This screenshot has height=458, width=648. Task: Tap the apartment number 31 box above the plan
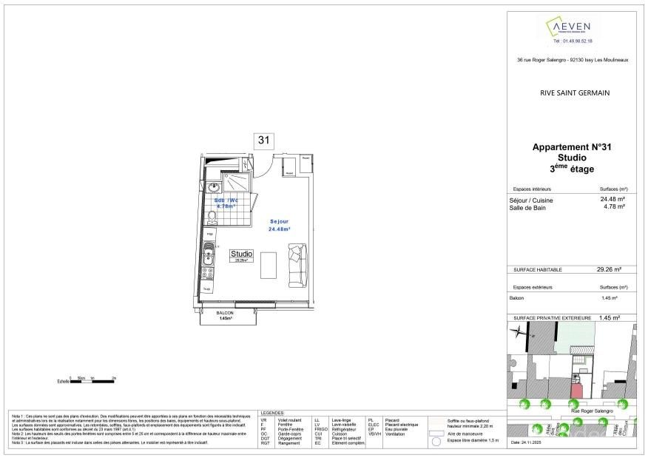tap(263, 141)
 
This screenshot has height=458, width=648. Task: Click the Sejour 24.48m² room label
tap(280, 225)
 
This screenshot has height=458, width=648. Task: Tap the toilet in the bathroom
tap(212, 216)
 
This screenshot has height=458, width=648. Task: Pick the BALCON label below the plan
tap(225, 313)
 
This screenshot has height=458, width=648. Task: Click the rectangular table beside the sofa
tap(268, 265)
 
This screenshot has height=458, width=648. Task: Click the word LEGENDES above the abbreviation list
tap(271, 412)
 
